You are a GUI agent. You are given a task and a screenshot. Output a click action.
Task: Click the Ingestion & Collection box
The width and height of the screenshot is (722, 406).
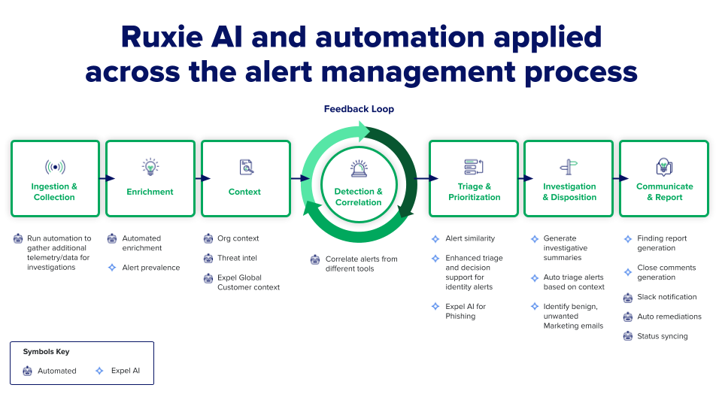pos(54,178)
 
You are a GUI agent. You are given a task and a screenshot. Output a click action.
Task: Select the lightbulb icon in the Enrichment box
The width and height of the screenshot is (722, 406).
pos(150,167)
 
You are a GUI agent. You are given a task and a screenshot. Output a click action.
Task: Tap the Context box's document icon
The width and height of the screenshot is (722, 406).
pos(245,167)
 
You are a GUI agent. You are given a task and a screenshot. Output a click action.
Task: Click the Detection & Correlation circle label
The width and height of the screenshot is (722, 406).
pos(359,197)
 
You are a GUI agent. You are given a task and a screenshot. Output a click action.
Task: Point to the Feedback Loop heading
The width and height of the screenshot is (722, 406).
pos(359,109)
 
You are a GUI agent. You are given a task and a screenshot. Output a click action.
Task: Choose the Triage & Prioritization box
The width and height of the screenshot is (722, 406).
pos(474,178)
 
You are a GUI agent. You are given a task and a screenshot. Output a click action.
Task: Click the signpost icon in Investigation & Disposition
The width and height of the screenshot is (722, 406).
pos(569,167)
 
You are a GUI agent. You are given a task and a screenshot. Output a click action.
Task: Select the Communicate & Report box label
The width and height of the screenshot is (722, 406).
pos(664,192)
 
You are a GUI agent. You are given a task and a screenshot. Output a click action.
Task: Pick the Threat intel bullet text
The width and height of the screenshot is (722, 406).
pos(238,258)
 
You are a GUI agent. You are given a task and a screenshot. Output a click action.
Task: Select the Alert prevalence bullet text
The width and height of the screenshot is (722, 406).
pos(151,267)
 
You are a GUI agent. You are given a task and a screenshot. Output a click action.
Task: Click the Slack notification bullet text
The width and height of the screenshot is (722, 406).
pos(666,297)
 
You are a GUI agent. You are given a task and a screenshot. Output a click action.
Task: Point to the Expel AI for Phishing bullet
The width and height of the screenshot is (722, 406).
pos(466,311)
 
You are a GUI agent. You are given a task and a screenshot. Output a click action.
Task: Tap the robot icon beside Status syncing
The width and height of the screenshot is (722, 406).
pos(629,336)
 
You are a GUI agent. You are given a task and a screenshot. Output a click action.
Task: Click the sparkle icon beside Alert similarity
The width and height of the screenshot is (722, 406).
pos(435,238)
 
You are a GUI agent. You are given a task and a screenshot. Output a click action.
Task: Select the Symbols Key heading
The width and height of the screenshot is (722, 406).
pos(46,352)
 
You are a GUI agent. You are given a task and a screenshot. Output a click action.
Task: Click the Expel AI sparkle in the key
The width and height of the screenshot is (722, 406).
pos(100,371)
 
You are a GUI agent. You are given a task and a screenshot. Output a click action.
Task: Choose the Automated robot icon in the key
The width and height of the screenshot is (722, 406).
pos(27,371)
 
